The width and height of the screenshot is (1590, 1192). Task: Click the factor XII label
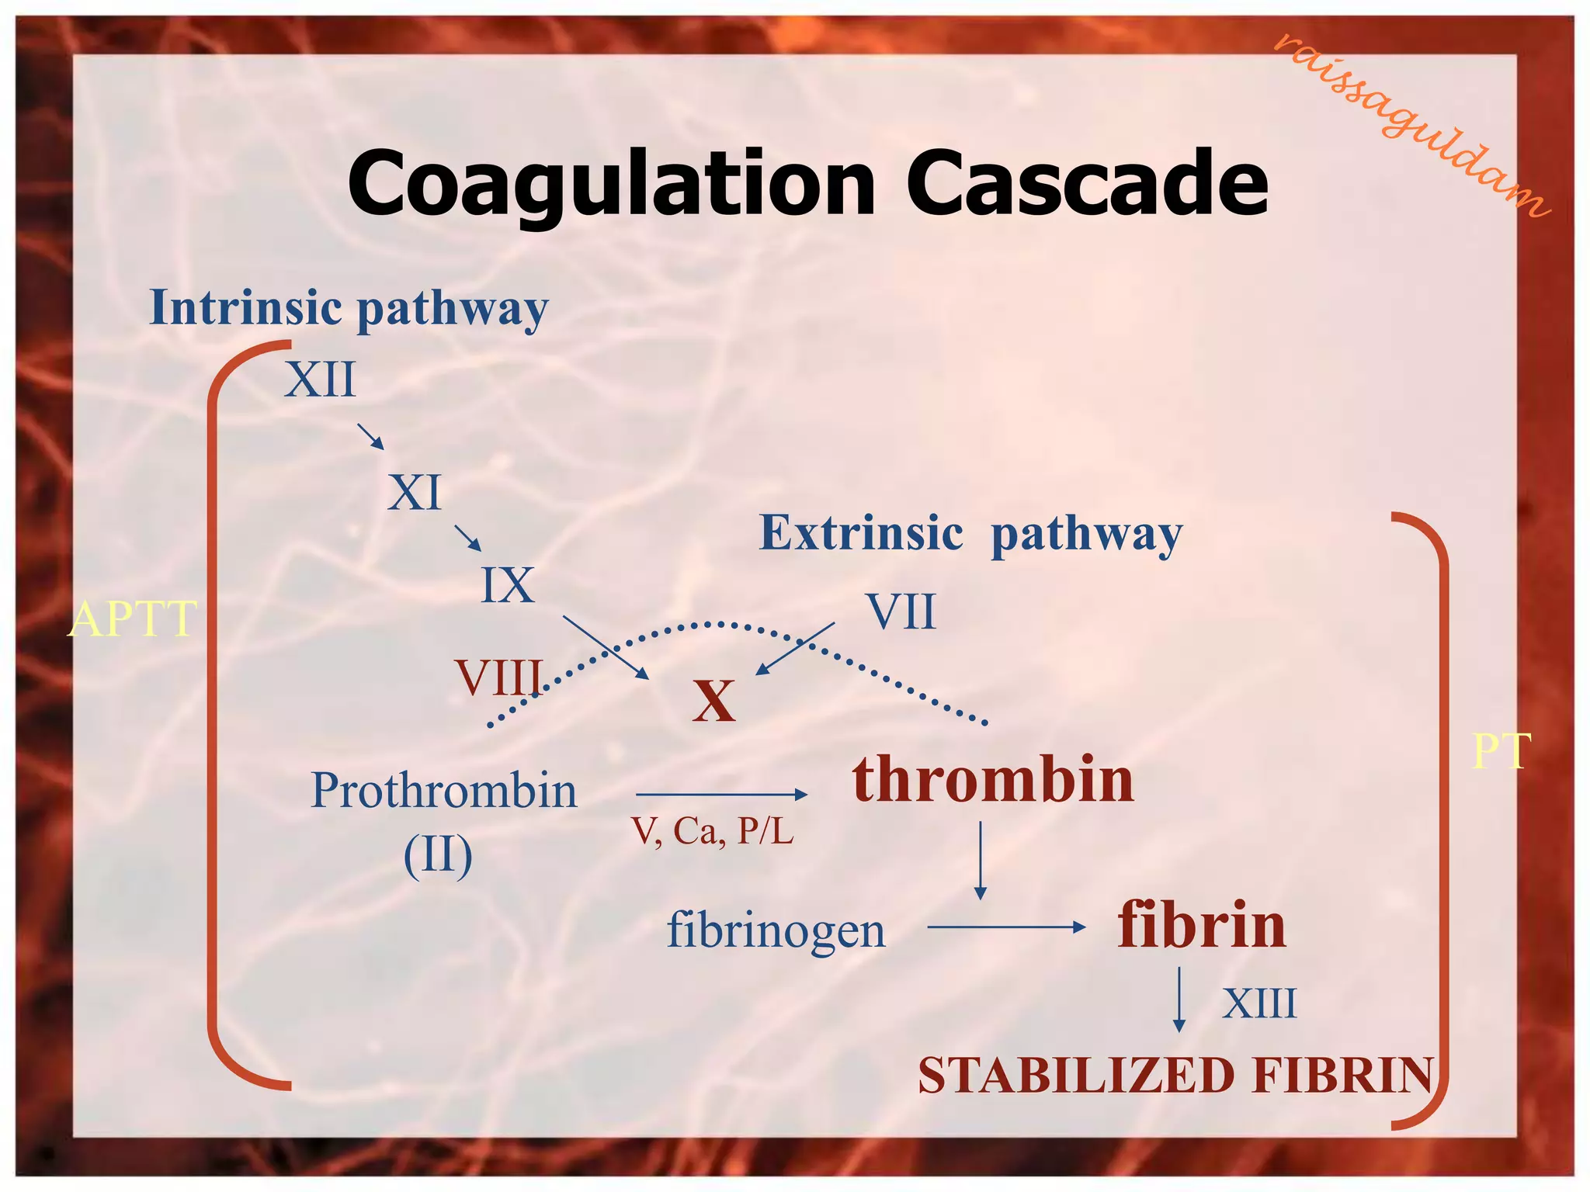tap(320, 380)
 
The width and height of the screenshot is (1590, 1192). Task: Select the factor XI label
tap(415, 493)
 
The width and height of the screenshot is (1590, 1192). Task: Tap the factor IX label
tap(508, 585)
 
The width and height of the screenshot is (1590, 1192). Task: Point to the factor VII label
tap(901, 612)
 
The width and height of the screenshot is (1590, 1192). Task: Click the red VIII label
tap(499, 677)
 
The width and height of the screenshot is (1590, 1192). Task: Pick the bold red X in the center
tap(713, 702)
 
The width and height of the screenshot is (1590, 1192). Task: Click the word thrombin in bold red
tap(993, 779)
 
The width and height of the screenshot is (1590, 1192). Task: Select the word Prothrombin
tap(443, 791)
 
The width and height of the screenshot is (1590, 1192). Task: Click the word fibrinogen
tap(776, 930)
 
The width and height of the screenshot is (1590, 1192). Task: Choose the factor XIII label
tap(1259, 1003)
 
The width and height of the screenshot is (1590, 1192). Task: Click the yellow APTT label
tap(132, 619)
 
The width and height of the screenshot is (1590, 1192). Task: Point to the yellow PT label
tap(1501, 751)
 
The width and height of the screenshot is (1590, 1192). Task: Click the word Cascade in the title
tap(1086, 184)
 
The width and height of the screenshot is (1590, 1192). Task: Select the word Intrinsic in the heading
tap(245, 307)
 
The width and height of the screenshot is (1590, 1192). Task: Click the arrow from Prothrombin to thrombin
tap(721, 795)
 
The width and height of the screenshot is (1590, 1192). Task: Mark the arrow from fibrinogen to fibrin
tap(1006, 927)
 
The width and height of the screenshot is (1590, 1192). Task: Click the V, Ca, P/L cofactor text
tap(713, 831)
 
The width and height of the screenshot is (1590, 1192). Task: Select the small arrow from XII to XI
tap(371, 436)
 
